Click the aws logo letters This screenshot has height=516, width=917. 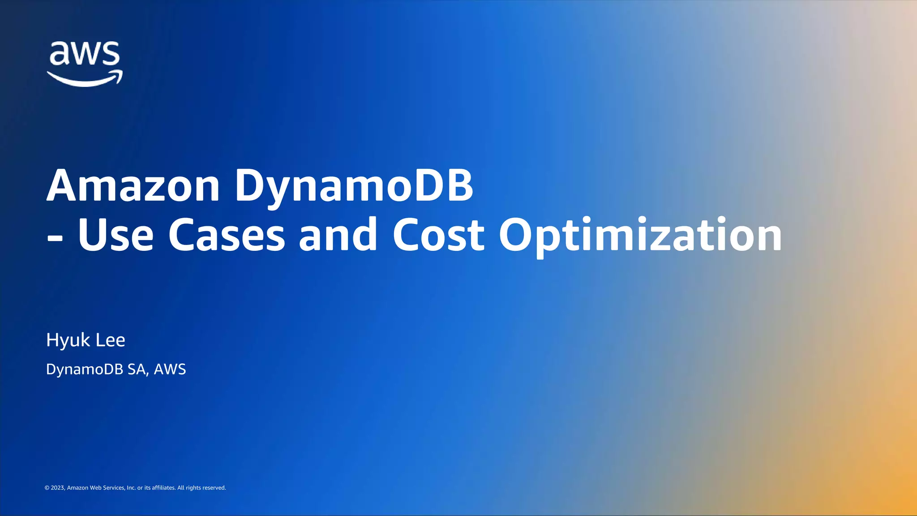pos(84,54)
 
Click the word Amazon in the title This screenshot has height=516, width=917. pos(133,185)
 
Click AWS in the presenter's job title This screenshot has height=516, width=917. pos(170,369)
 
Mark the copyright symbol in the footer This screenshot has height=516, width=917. pos(47,488)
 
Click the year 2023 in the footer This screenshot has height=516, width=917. pos(58,488)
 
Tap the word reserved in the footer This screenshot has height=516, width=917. pos(214,488)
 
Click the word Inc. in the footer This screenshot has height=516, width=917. pos(131,488)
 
